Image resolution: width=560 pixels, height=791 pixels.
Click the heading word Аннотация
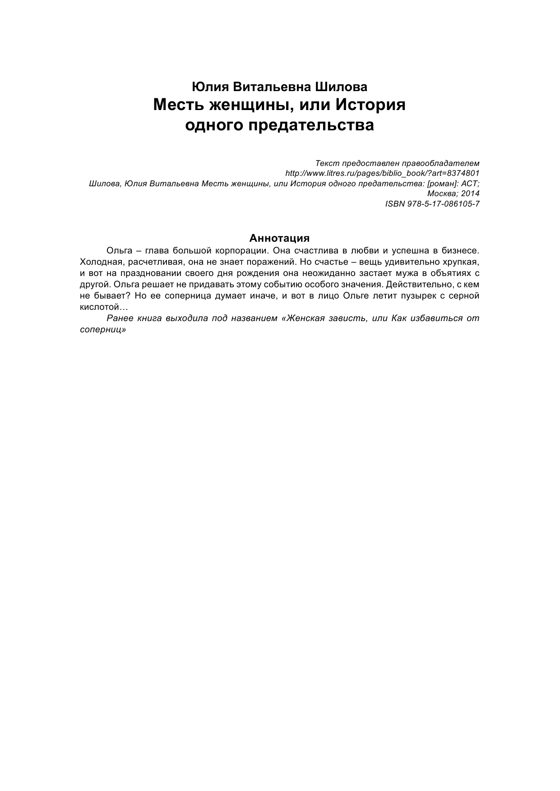coord(279,238)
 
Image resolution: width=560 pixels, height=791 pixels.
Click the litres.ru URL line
coord(383,173)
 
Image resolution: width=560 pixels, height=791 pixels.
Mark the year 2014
coord(471,193)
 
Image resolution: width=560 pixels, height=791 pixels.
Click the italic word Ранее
coord(120,318)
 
